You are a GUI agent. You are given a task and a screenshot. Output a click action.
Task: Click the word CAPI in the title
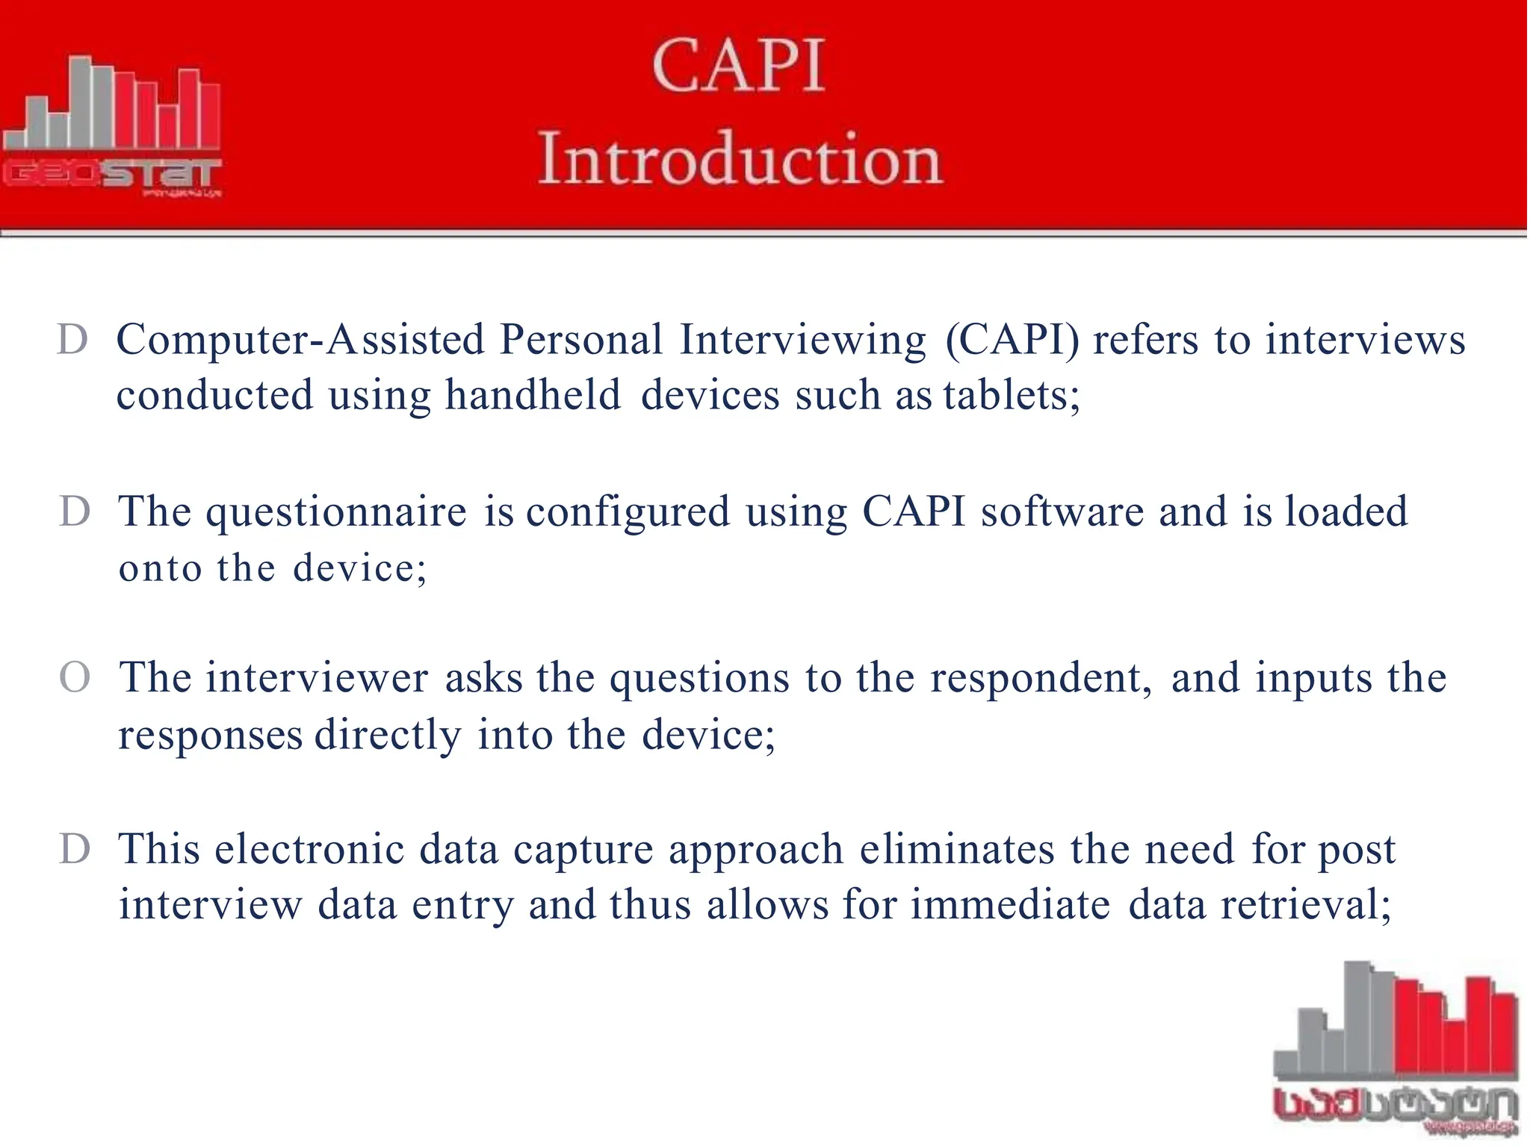coord(739,67)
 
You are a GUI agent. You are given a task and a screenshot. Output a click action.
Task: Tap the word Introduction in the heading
coord(740,158)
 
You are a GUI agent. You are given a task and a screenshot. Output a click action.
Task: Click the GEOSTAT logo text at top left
coord(112,175)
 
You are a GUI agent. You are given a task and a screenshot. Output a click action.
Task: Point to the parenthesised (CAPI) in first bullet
coord(1012,340)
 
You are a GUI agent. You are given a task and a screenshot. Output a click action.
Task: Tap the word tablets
coord(1011,394)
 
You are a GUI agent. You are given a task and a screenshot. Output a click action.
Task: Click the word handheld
coord(533,394)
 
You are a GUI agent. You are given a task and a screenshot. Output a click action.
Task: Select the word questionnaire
coord(337,513)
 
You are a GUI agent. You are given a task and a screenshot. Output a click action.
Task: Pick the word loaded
coord(1345,512)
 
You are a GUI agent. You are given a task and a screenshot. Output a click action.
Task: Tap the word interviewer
coord(318,678)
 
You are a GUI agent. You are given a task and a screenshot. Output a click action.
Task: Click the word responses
coord(211,735)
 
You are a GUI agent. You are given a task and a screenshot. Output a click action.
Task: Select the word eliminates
coord(957,850)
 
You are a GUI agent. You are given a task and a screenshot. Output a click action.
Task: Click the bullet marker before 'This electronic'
coord(75,850)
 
